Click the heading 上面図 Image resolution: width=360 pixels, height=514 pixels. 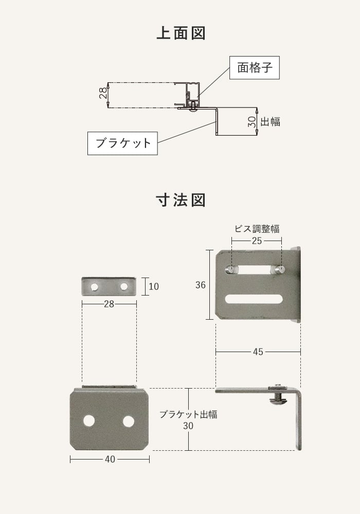180,33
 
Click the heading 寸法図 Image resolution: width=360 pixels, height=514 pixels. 180,199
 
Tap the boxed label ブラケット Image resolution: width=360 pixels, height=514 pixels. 122,143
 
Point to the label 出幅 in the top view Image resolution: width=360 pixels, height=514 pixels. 271,122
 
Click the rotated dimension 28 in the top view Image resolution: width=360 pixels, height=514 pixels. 103,93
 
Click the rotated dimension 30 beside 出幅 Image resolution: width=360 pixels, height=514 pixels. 251,122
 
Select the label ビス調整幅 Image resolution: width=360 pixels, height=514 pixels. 257,229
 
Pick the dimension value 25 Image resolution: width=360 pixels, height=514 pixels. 257,241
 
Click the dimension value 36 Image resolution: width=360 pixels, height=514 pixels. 201,285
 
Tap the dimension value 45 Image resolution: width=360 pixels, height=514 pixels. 258,352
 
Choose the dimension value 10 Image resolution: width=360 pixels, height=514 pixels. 153,286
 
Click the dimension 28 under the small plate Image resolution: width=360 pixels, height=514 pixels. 109,304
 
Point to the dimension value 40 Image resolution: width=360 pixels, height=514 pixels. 110,460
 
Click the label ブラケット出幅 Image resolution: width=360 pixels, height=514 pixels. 188,414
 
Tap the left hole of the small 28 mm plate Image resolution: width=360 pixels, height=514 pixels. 95,286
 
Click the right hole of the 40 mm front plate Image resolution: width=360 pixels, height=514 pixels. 128,421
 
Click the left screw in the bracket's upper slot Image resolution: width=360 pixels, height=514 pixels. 231,269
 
